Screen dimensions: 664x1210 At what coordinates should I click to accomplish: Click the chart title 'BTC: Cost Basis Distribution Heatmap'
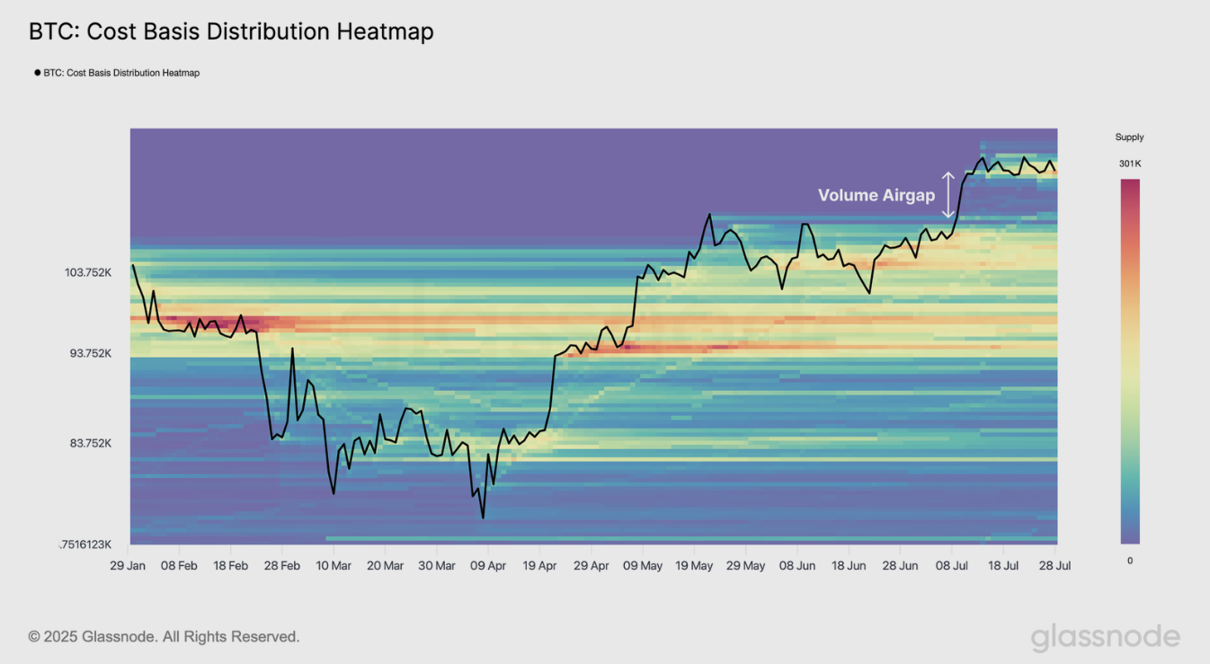pyautogui.click(x=231, y=31)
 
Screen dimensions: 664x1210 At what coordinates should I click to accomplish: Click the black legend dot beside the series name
pyautogui.click(x=37, y=73)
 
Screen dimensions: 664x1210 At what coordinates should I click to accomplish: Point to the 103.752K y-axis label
pyautogui.click(x=88, y=272)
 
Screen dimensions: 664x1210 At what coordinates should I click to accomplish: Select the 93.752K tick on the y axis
pyautogui.click(x=91, y=353)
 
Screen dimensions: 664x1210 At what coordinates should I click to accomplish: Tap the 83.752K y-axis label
pyautogui.click(x=91, y=443)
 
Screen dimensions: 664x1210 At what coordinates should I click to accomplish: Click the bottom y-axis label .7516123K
pyautogui.click(x=85, y=544)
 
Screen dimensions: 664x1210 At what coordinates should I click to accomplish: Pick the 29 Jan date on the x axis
pyautogui.click(x=129, y=566)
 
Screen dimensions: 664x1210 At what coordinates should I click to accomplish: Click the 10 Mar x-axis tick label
pyautogui.click(x=334, y=566)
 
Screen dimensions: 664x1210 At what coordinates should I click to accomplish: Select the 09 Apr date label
pyautogui.click(x=487, y=566)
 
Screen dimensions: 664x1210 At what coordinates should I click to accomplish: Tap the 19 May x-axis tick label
pyautogui.click(x=694, y=566)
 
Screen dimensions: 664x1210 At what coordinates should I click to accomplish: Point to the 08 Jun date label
pyautogui.click(x=797, y=566)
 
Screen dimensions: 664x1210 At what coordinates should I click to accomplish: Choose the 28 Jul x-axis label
pyautogui.click(x=1054, y=566)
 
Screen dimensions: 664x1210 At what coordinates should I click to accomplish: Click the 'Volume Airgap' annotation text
pyautogui.click(x=876, y=195)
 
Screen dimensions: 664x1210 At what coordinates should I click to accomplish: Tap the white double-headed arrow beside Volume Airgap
pyautogui.click(x=948, y=195)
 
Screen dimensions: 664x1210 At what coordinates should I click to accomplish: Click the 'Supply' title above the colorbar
pyautogui.click(x=1129, y=137)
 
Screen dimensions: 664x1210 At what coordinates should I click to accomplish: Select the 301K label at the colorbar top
pyautogui.click(x=1129, y=164)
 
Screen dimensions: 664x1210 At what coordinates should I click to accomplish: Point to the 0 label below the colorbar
pyautogui.click(x=1130, y=561)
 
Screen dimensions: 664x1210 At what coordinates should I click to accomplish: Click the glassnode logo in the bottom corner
pyautogui.click(x=1105, y=637)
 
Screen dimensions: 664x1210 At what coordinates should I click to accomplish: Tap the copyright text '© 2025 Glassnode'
pyautogui.click(x=164, y=637)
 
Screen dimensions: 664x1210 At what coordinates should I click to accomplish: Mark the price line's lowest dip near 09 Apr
pyautogui.click(x=483, y=518)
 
